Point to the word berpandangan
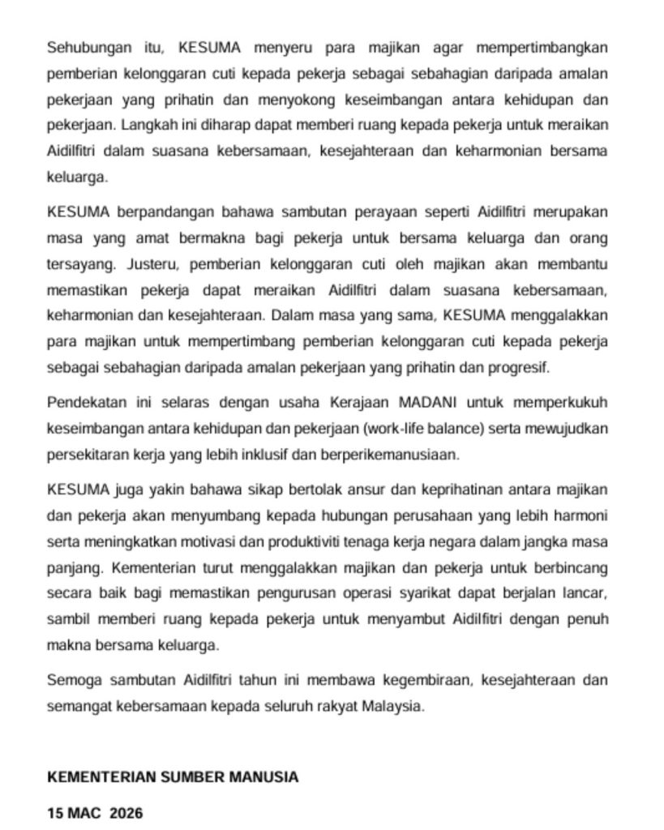[x=158, y=213]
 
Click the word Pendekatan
[x=84, y=402]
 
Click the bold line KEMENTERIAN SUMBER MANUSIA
[x=173, y=777]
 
